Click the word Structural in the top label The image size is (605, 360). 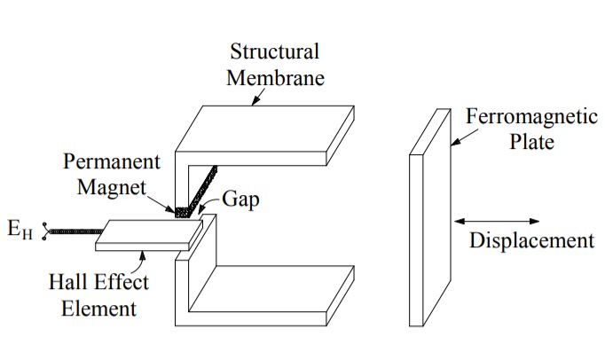pos(274,51)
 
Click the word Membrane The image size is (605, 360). pos(275,77)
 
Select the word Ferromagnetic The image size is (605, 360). pos(530,117)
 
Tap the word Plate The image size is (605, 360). pos(531,142)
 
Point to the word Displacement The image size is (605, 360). pos(530,240)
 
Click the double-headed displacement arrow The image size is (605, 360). pos(496,219)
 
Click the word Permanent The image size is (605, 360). pos(112,162)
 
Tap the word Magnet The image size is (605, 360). pos(111,188)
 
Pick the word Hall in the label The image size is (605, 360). pos(68,283)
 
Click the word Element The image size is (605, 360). pos(98,309)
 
